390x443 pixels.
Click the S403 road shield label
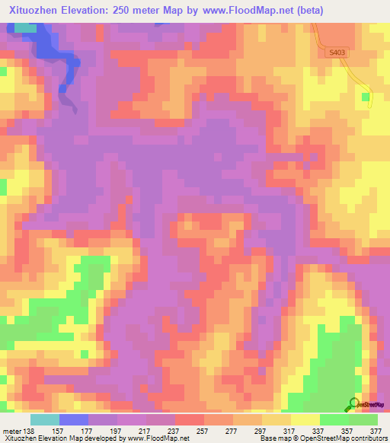pyautogui.click(x=337, y=52)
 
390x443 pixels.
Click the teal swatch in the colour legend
pyautogui.click(x=44, y=419)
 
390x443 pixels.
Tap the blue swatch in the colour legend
pyautogui.click(x=73, y=419)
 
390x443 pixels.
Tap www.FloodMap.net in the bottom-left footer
pyautogui.click(x=158, y=438)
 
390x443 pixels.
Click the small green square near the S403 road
pyautogui.click(x=366, y=97)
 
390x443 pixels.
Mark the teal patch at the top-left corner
pyautogui.click(x=26, y=28)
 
